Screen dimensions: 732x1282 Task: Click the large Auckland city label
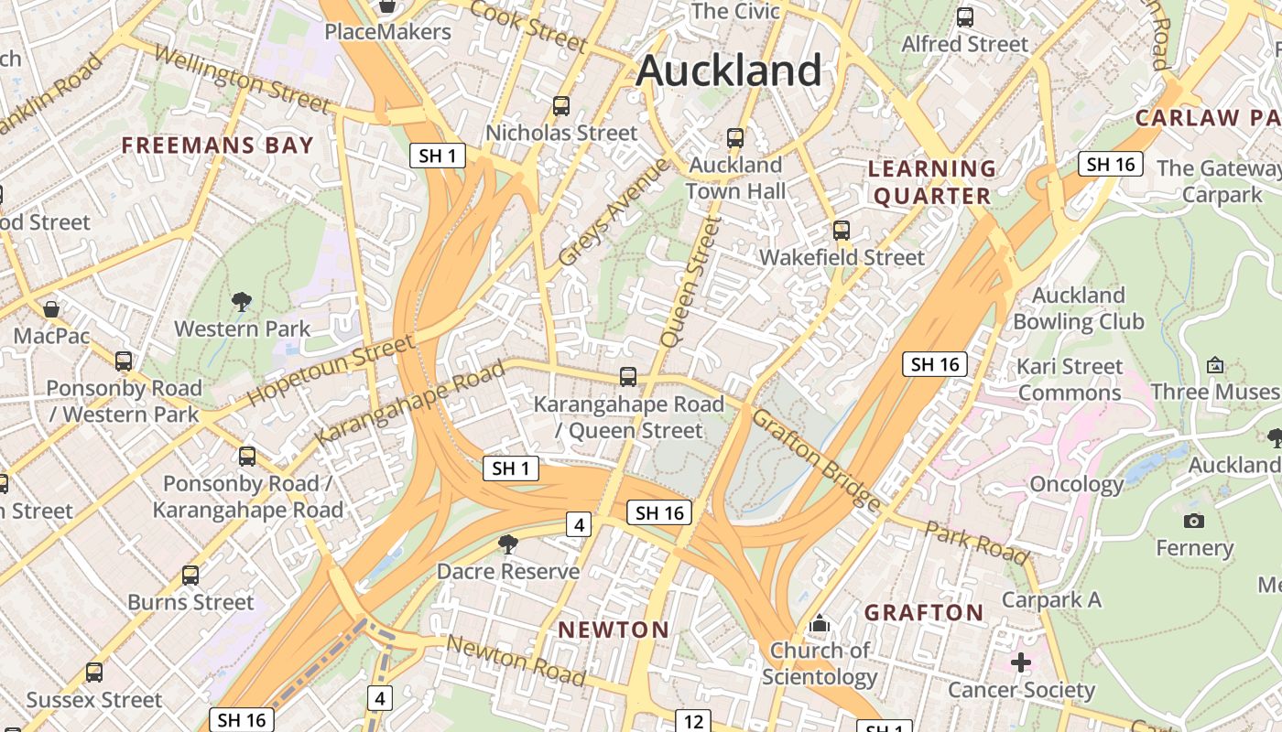coord(729,70)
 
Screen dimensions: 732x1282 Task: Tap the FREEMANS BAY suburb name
coord(217,145)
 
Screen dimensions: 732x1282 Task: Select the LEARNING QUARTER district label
coord(931,182)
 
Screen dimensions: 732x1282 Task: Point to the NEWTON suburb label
coord(614,630)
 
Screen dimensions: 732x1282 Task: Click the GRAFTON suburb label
coord(924,612)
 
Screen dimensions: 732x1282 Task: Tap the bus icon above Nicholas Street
coord(561,106)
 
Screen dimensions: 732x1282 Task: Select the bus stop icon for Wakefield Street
coord(842,231)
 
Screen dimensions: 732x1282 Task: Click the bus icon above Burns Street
coord(190,576)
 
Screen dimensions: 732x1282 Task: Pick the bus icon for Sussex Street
coord(94,673)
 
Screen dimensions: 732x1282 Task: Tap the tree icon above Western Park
coord(242,301)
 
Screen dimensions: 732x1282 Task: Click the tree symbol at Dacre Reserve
coord(507,544)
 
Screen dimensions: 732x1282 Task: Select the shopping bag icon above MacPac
coord(51,309)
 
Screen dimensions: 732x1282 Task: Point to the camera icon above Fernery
coord(1193,521)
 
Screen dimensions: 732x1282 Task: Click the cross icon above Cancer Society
coord(1021,662)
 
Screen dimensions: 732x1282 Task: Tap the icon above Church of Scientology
coord(819,624)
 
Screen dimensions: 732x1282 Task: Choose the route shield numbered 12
coord(693,720)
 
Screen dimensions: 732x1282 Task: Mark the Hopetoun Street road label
coord(330,372)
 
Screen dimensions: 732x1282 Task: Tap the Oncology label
coord(1076,484)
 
